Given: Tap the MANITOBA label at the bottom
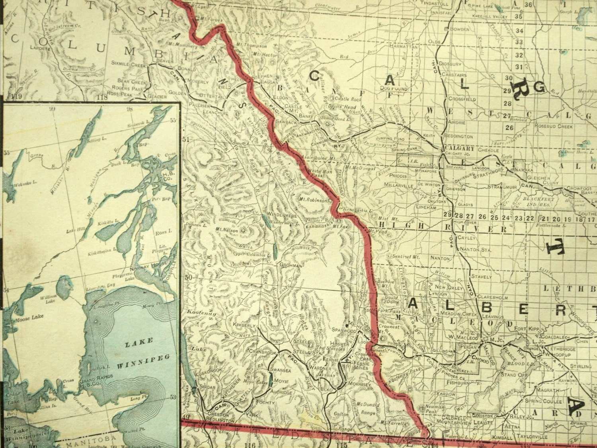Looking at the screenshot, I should (81, 443).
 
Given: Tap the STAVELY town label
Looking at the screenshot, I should (481, 276).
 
